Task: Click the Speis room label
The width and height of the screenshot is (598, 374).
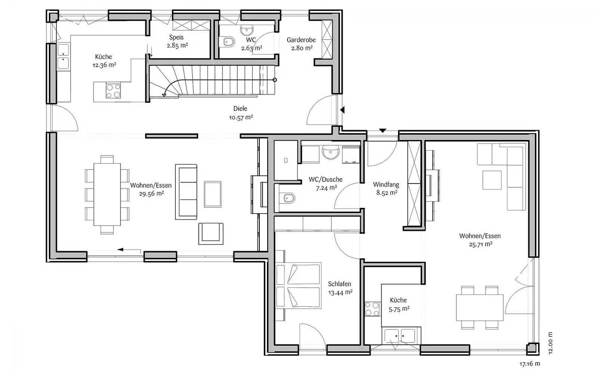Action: point(176,37)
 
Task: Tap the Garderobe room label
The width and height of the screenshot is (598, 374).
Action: point(301,40)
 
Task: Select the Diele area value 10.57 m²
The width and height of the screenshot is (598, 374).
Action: point(241,117)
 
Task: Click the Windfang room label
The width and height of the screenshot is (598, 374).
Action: point(386,184)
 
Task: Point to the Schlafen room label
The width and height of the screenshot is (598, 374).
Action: point(340,284)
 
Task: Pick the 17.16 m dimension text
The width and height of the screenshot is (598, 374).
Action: point(530,364)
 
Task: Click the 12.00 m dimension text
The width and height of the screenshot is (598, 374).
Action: point(550,343)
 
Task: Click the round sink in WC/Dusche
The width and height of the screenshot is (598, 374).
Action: point(330,152)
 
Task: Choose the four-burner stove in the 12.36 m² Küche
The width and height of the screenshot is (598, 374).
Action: point(113,91)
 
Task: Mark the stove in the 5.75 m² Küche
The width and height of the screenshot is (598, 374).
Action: point(372,309)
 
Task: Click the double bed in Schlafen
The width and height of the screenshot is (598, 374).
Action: point(299,286)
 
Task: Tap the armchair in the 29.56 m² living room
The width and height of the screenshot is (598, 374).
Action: point(211,233)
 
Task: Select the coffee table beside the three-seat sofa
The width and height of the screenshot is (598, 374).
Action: point(213,194)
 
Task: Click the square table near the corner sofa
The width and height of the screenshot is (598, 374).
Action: point(492,180)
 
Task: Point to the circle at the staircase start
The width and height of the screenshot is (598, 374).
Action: point(274,80)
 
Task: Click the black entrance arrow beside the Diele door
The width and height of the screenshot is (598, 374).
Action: point(342,110)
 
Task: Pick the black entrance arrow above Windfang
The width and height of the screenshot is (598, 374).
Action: point(383,131)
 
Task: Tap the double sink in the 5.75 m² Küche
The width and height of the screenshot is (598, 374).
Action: point(400,336)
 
